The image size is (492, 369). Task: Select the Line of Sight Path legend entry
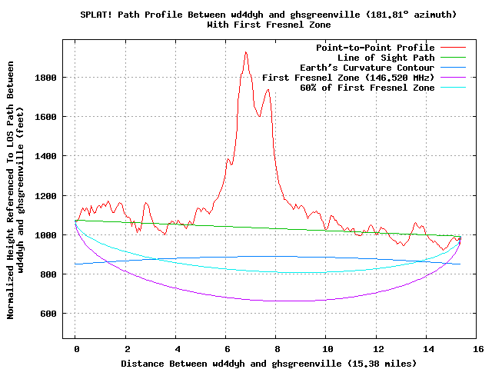pos(386,58)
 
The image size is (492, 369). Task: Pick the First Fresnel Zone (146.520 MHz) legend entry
pos(348,78)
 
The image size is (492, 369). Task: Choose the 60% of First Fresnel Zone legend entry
pos(367,88)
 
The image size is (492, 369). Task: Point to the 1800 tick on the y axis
pos(46,78)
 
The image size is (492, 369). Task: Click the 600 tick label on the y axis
pos(49,314)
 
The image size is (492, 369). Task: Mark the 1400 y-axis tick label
pos(46,156)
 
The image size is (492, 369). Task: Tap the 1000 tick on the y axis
pos(46,235)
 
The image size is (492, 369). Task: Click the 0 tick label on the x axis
pos(75,348)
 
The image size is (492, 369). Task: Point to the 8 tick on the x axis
pos(276,348)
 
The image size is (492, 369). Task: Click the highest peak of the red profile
pos(245,52)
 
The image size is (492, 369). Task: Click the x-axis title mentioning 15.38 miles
pos(268,363)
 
